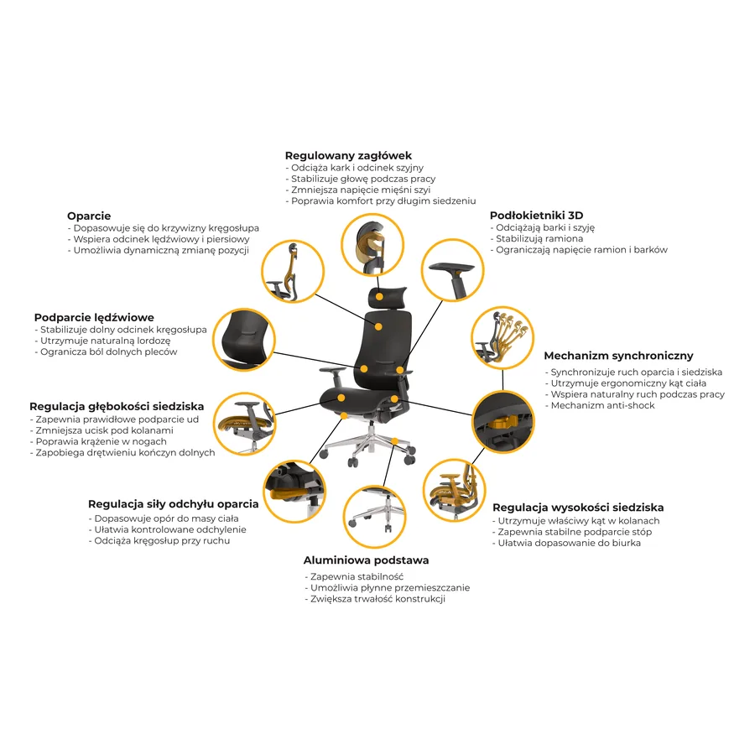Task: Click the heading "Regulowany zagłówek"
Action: [x=348, y=155]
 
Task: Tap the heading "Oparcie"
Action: [x=89, y=216]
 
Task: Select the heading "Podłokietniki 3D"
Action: [x=536, y=216]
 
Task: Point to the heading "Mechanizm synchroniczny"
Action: [x=618, y=356]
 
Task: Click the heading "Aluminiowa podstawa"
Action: [x=366, y=560]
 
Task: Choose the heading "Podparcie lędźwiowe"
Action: [x=94, y=317]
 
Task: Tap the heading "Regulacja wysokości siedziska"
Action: [x=578, y=508]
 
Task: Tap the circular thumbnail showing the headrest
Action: [x=372, y=245]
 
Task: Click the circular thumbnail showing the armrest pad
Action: [x=452, y=269]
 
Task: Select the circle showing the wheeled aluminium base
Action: [x=374, y=517]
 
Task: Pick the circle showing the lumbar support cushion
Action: [x=244, y=340]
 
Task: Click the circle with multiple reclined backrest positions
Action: [x=502, y=337]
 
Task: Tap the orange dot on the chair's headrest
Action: [x=379, y=297]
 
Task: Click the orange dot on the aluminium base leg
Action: [x=394, y=441]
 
